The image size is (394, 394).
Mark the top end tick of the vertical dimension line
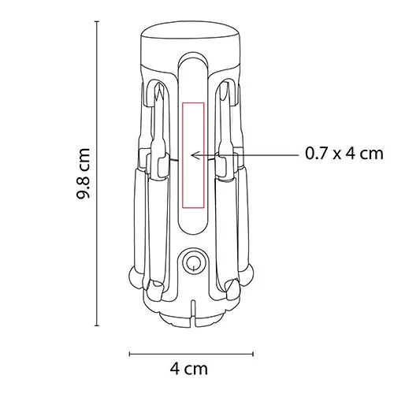pos(98,21)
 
